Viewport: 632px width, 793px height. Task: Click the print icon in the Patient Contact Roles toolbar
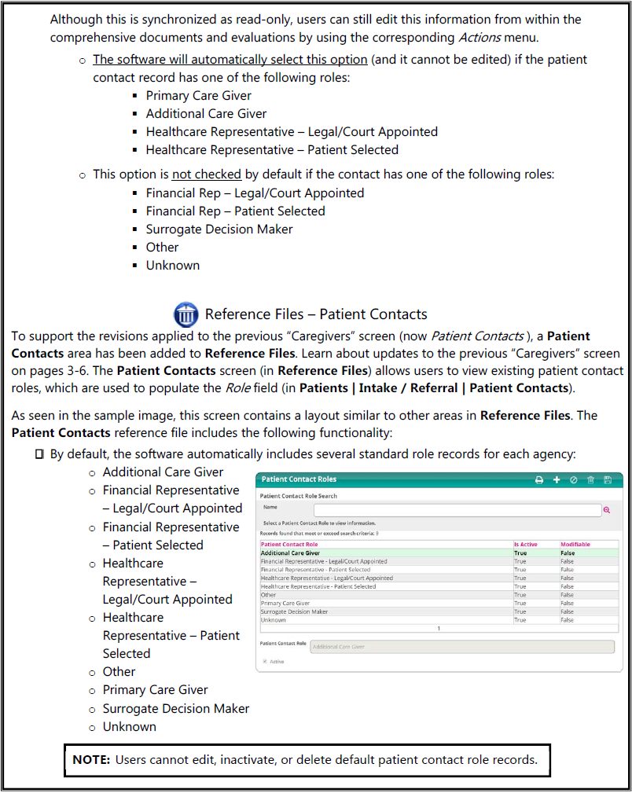point(539,479)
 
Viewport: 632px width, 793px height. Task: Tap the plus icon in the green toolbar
point(557,479)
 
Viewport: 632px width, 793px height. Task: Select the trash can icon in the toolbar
point(590,479)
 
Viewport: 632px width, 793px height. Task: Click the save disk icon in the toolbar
point(607,479)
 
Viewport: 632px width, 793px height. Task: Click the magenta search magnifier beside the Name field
point(607,510)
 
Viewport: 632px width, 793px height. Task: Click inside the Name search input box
point(456,510)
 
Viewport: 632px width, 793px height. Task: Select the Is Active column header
point(526,544)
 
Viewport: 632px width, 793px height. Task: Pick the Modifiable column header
point(575,544)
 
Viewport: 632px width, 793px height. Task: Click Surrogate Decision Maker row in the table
point(294,611)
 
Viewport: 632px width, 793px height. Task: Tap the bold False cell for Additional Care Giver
point(567,553)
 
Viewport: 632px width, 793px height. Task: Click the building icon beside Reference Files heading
point(186,314)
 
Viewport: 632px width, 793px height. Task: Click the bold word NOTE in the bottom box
point(90,760)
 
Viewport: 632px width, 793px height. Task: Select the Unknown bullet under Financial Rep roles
point(172,265)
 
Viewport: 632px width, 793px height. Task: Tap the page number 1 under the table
point(439,629)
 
